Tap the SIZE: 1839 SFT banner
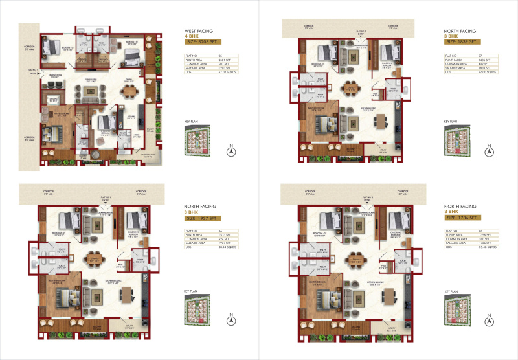coord(461,42)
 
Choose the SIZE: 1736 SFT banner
coord(461,217)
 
